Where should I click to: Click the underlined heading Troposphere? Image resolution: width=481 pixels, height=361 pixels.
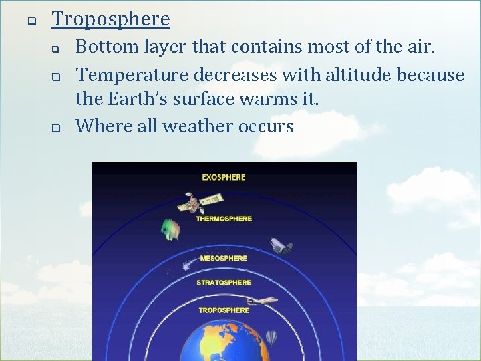[x=111, y=19]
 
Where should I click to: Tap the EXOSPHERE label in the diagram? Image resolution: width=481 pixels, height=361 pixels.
[x=224, y=177]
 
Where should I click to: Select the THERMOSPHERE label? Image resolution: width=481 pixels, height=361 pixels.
[x=224, y=219]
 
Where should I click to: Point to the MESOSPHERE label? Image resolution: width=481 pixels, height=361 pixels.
[x=224, y=258]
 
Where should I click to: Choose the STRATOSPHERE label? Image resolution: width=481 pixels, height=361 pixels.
[x=224, y=283]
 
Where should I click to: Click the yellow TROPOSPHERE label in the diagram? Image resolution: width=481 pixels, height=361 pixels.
[x=224, y=310]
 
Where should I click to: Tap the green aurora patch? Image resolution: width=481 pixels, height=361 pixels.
[x=171, y=229]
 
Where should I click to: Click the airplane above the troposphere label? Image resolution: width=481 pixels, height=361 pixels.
[x=263, y=302]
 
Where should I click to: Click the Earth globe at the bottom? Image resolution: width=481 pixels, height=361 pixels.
[x=224, y=341]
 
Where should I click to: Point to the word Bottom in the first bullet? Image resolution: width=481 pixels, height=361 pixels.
[x=103, y=47]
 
